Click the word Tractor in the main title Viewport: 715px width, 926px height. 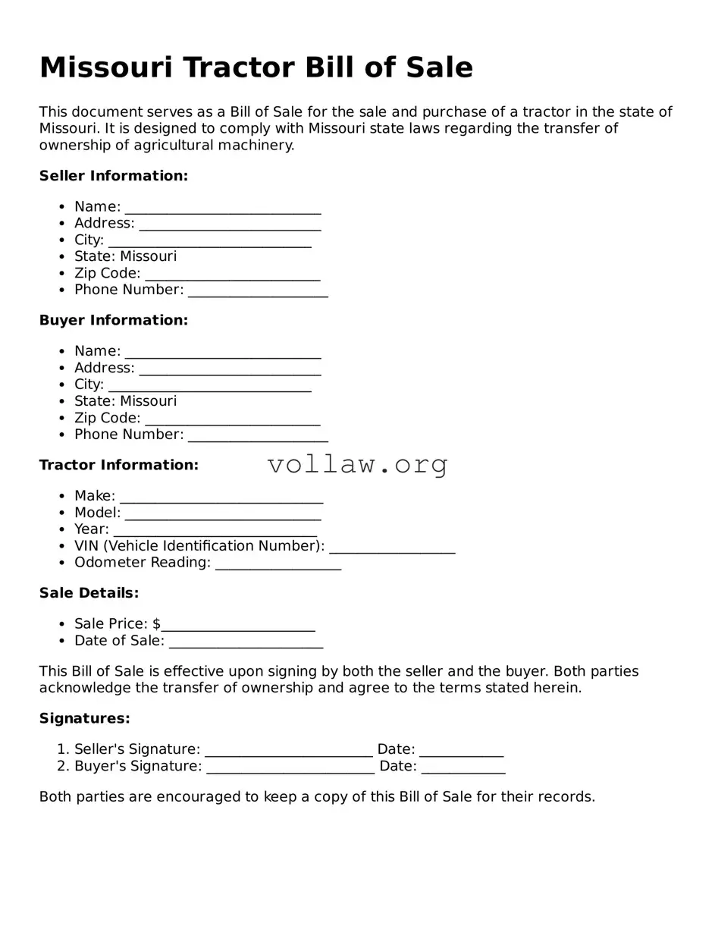(x=238, y=67)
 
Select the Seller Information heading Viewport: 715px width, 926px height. (x=113, y=176)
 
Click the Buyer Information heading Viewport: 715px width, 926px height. (x=113, y=321)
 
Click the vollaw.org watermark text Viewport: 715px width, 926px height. (x=358, y=464)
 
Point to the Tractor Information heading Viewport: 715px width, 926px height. (x=118, y=465)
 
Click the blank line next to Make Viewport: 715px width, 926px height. (x=221, y=498)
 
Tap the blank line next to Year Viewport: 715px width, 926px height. (x=215, y=532)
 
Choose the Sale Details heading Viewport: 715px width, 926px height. (x=89, y=593)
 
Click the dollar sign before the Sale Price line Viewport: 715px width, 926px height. (x=156, y=624)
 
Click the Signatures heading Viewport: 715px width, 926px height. (x=84, y=718)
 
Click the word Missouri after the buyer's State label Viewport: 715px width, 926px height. (x=149, y=401)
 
